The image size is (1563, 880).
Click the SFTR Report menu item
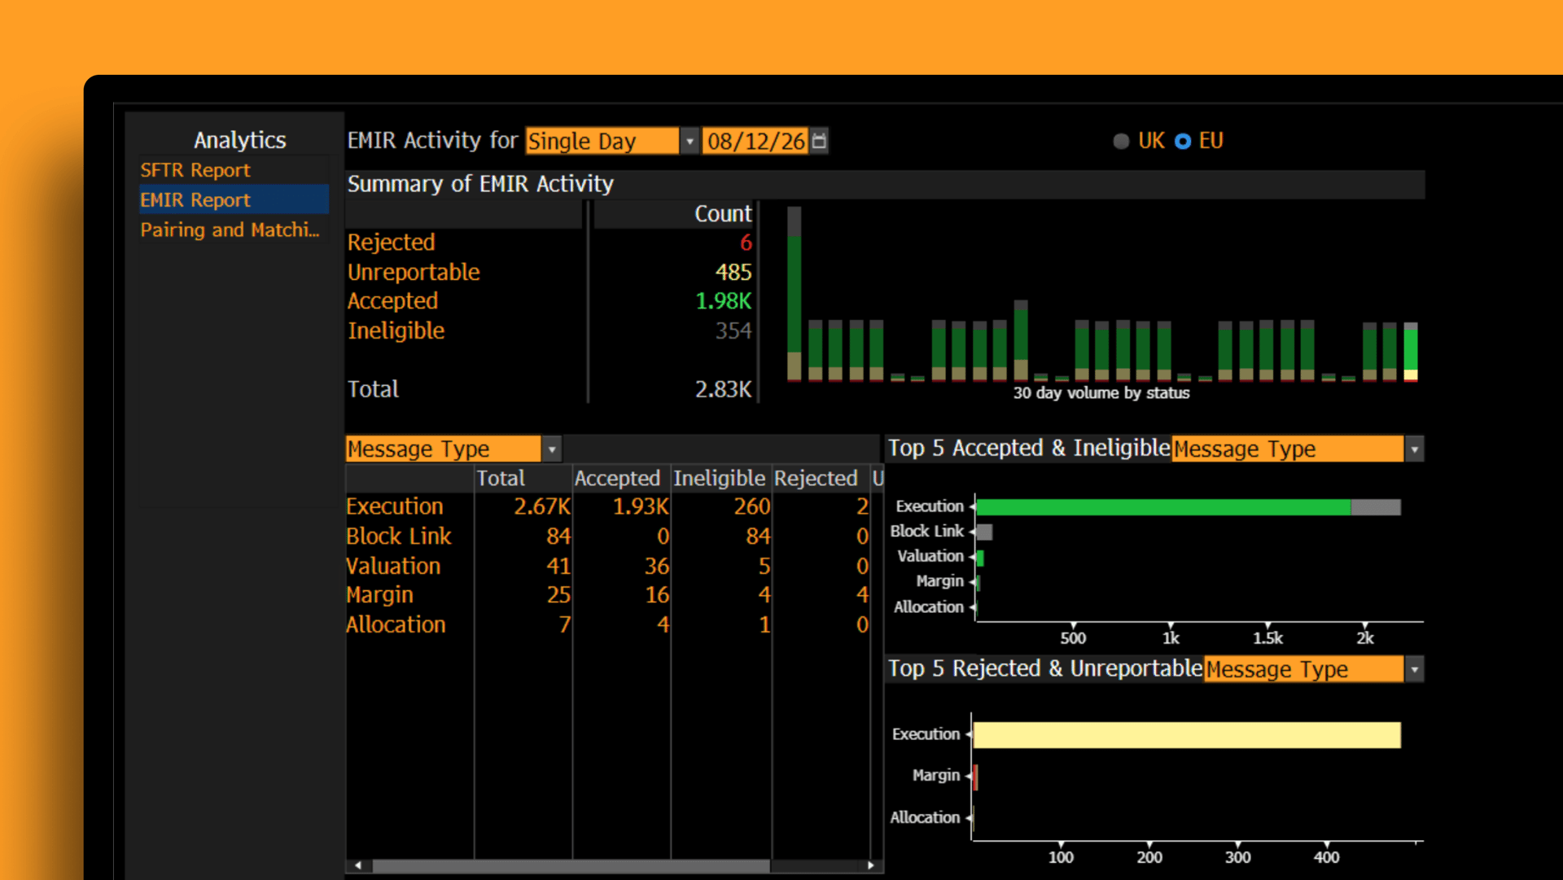(195, 170)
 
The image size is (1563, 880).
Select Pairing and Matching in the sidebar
(230, 230)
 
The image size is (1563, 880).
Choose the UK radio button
(1121, 141)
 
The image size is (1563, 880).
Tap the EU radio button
(1183, 141)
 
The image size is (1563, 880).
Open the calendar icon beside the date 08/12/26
(819, 141)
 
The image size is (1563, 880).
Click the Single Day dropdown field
(602, 141)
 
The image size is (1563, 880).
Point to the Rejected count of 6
(746, 243)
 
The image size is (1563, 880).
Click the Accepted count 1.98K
(723, 301)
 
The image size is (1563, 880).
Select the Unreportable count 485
(733, 272)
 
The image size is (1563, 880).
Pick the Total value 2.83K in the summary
(723, 389)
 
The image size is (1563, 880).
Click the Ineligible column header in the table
(719, 478)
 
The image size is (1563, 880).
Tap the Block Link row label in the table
(398, 536)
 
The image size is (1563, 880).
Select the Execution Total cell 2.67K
(542, 506)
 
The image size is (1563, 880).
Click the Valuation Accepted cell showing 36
(656, 566)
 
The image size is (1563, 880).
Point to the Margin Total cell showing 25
(558, 595)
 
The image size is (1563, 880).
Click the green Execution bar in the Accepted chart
(1163, 507)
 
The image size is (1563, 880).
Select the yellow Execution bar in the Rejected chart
(1187, 735)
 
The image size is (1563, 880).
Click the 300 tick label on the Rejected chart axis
(1237, 857)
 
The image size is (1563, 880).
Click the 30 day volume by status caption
(1101, 393)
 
